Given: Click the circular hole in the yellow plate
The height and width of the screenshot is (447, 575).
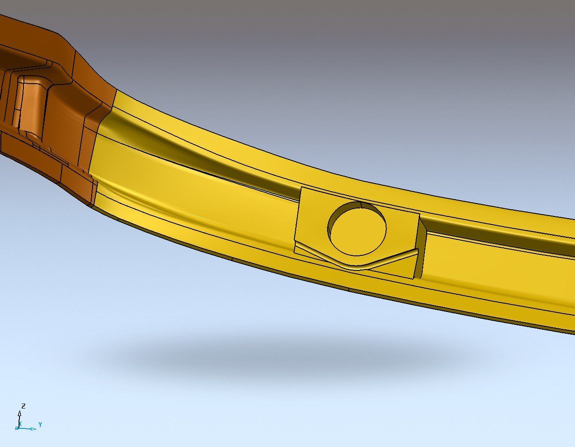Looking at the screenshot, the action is (x=357, y=229).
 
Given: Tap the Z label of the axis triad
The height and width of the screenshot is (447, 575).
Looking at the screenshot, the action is (x=23, y=406).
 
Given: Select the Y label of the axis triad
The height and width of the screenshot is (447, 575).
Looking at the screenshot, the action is (x=40, y=424).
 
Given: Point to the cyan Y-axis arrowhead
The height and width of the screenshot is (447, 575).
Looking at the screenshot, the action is (x=34, y=429).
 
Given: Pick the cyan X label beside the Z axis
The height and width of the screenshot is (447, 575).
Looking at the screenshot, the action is (x=20, y=424).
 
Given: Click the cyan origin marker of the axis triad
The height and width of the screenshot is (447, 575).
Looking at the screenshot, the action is (x=17, y=428).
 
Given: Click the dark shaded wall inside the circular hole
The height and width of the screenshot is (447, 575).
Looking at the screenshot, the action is (x=344, y=212).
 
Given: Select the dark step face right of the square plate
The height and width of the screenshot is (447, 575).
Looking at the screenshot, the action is (x=422, y=247).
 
